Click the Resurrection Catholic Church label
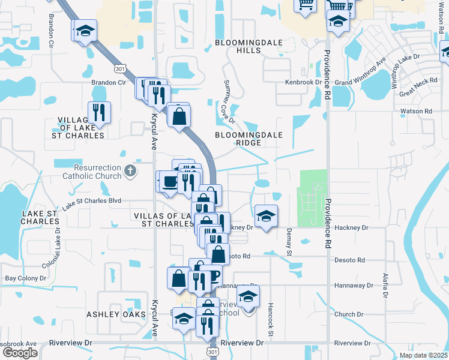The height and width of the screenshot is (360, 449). (92, 172)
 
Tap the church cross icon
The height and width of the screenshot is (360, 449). (130, 172)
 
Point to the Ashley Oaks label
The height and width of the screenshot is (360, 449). (116, 314)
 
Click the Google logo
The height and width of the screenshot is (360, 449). (20, 353)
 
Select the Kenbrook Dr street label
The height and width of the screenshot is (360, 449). (304, 82)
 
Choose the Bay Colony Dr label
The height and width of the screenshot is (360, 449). (26, 278)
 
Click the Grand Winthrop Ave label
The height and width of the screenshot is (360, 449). (360, 73)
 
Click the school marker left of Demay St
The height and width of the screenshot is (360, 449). (265, 215)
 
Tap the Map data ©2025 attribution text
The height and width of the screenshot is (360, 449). (423, 355)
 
